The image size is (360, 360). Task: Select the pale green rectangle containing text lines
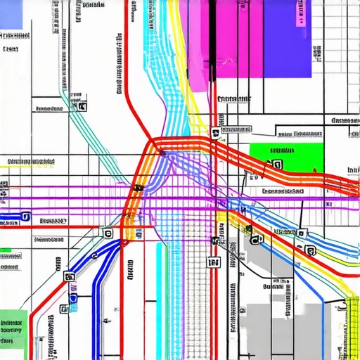coord(13,327)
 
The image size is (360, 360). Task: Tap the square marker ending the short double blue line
coord(25,217)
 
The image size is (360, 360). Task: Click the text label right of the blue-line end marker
coord(53,221)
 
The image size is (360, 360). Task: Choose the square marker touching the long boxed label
coord(214,131)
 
